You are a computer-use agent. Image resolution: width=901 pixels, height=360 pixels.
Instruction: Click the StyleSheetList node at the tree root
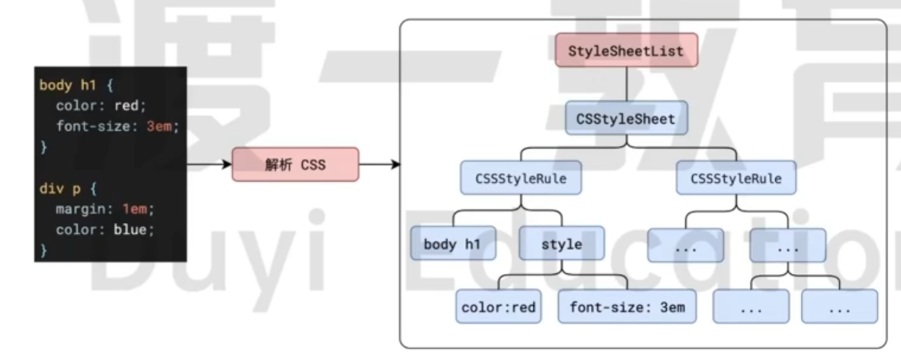[626, 50]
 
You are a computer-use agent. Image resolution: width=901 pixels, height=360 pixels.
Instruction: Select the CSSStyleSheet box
[626, 118]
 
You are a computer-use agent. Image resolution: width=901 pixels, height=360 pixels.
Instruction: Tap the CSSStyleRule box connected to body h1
[520, 178]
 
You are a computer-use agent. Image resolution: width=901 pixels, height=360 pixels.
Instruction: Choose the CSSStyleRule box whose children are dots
[736, 178]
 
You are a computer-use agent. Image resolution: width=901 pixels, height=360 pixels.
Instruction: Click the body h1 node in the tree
[453, 244]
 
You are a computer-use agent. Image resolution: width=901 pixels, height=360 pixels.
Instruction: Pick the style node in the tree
[561, 244]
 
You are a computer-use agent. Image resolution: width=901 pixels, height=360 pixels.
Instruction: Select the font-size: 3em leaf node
[627, 307]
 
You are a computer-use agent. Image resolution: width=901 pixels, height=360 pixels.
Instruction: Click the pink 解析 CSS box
[295, 165]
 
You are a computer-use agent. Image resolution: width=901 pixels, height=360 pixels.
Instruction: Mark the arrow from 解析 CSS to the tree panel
[379, 165]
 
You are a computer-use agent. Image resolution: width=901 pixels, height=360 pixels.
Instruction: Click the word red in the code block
[126, 105]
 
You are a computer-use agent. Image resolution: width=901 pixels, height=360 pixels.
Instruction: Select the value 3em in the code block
[159, 126]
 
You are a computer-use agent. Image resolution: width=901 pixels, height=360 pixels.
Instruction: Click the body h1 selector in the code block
[67, 85]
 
